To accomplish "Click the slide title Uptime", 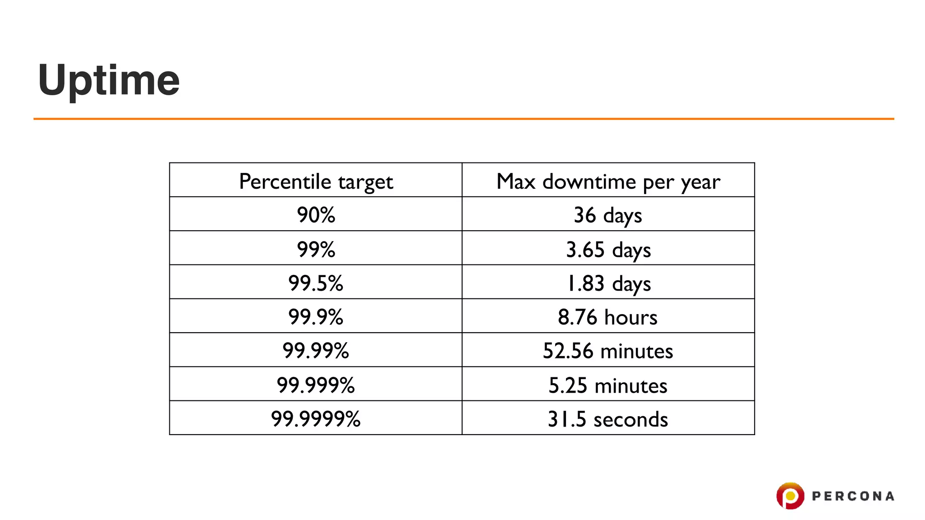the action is pyautogui.click(x=109, y=80).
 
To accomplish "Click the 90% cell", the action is pyautogui.click(x=316, y=215).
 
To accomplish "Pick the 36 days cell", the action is pyautogui.click(x=608, y=215).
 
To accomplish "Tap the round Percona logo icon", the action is pyautogui.click(x=790, y=496).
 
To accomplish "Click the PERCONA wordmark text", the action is pyautogui.click(x=853, y=497).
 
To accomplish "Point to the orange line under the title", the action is pyautogui.click(x=463, y=119).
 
